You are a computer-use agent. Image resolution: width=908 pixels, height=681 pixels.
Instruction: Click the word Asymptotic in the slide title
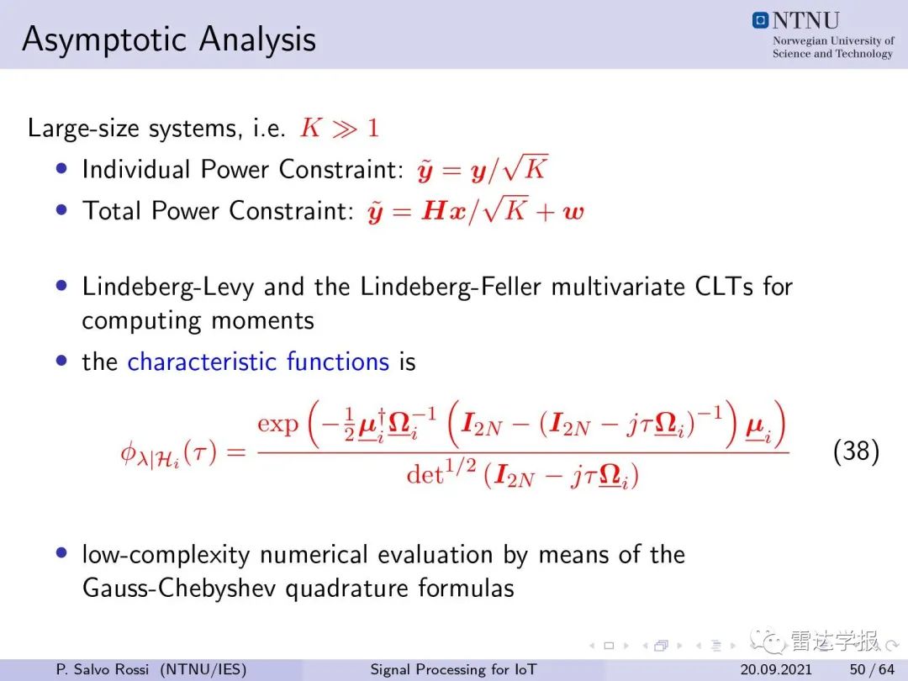coord(106,40)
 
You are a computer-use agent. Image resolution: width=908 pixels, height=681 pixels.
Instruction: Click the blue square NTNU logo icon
coord(760,20)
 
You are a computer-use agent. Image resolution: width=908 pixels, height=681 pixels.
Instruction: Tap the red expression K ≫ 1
coord(340,128)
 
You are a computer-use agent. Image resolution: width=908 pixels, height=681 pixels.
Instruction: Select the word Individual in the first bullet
coord(136,169)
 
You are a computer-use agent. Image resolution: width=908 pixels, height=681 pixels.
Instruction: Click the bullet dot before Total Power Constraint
coord(62,209)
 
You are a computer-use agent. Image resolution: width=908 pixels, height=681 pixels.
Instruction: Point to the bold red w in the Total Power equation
coord(573,212)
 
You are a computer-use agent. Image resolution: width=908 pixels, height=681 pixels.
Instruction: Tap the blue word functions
coord(338,362)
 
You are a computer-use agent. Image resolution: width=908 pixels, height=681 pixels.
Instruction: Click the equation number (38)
coord(857,451)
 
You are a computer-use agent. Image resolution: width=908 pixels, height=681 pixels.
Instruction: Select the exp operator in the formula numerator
coord(278,425)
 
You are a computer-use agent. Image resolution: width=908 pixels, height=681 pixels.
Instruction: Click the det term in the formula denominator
coord(425,475)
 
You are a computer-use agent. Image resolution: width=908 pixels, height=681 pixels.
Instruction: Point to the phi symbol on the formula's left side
coord(128,452)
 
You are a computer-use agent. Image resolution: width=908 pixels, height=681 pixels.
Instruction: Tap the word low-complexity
coord(166,555)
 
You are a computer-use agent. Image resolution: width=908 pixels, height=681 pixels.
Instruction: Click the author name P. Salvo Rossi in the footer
coord(102,669)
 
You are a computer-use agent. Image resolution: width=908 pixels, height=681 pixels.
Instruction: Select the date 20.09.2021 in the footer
coord(776,669)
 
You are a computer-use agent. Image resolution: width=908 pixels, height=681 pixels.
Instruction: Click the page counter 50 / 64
coord(872,669)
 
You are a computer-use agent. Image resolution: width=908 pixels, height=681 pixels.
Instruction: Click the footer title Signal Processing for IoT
coord(453,669)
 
